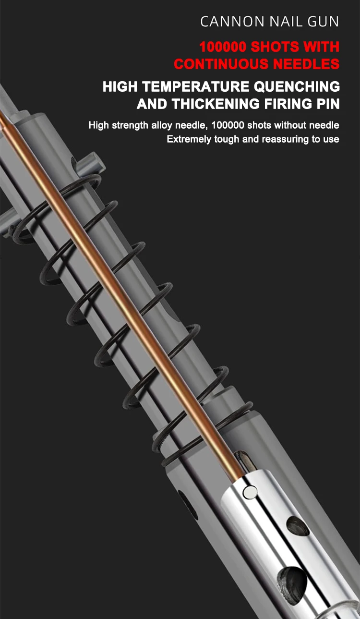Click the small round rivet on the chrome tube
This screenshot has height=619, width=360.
pos(249,491)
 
